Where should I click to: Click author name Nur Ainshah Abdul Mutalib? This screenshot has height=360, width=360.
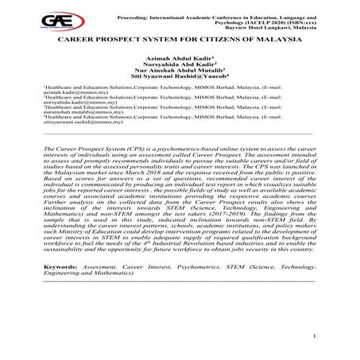coord(187,73)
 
